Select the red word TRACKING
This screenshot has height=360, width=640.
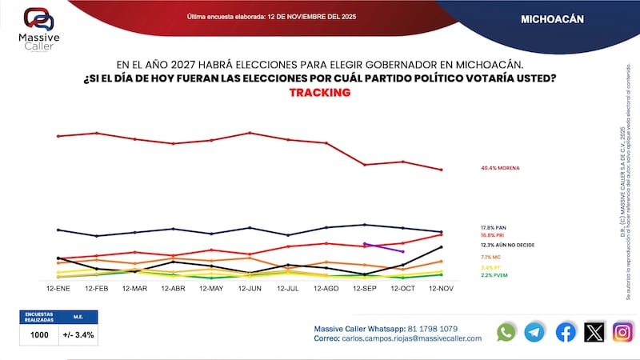[319, 93]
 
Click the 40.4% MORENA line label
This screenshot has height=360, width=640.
[500, 169]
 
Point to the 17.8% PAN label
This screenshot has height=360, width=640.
[495, 228]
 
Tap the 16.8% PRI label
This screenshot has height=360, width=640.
[494, 235]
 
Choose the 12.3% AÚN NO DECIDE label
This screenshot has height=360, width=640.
[507, 245]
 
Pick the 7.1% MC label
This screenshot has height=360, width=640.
[491, 257]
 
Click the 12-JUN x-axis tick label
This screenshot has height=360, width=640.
[250, 286]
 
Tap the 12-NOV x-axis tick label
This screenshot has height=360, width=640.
[442, 286]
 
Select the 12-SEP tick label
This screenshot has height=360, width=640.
[365, 286]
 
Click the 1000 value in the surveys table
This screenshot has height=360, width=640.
[39, 335]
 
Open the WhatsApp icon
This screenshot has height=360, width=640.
[506, 332]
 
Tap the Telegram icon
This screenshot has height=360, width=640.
[534, 332]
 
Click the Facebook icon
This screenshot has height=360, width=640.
[565, 332]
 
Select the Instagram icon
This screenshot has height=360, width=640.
[622, 332]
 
